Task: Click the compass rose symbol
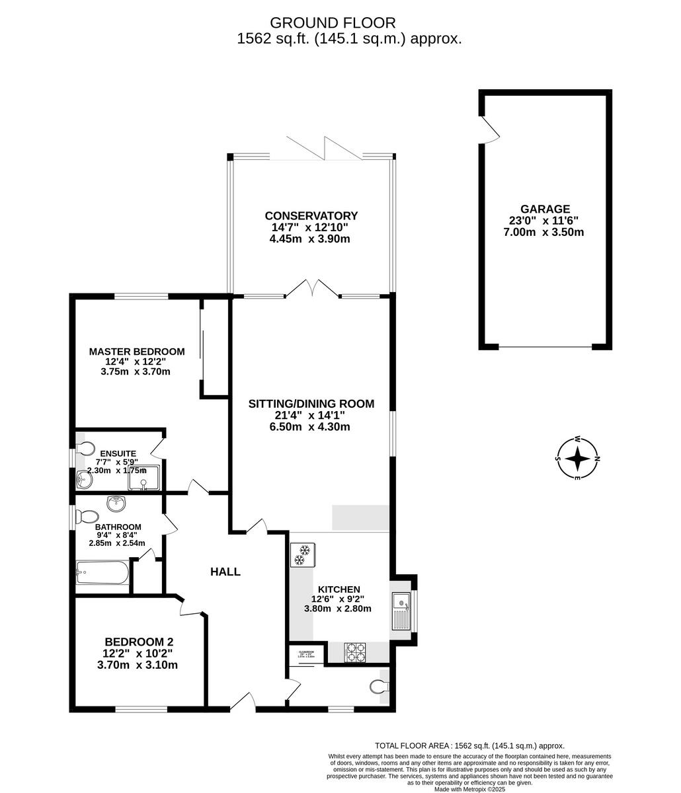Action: tap(578, 458)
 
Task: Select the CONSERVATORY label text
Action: tap(311, 215)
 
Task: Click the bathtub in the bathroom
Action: tap(102, 572)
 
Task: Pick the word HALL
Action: tap(225, 572)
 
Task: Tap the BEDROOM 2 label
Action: tap(139, 642)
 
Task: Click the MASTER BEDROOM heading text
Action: tap(137, 352)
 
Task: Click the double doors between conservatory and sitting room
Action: tap(311, 289)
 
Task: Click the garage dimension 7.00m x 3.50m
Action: tap(543, 232)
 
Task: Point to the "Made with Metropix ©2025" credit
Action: tap(471, 788)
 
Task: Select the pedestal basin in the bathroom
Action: tap(117, 504)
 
